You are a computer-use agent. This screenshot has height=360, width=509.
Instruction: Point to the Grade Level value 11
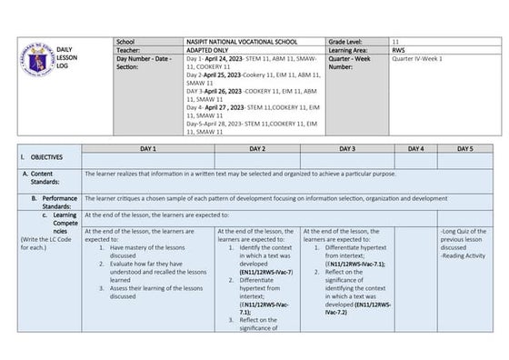[395, 42]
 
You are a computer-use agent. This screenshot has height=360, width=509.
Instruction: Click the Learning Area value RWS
[398, 50]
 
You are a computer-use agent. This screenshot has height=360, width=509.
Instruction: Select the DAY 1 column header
[148, 148]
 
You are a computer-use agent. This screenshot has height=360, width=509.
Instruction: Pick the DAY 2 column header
[257, 148]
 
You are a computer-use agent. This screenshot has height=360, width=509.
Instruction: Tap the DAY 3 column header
[347, 148]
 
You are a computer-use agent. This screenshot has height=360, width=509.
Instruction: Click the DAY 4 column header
[415, 148]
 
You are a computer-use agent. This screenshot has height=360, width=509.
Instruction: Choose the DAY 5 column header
[465, 148]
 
